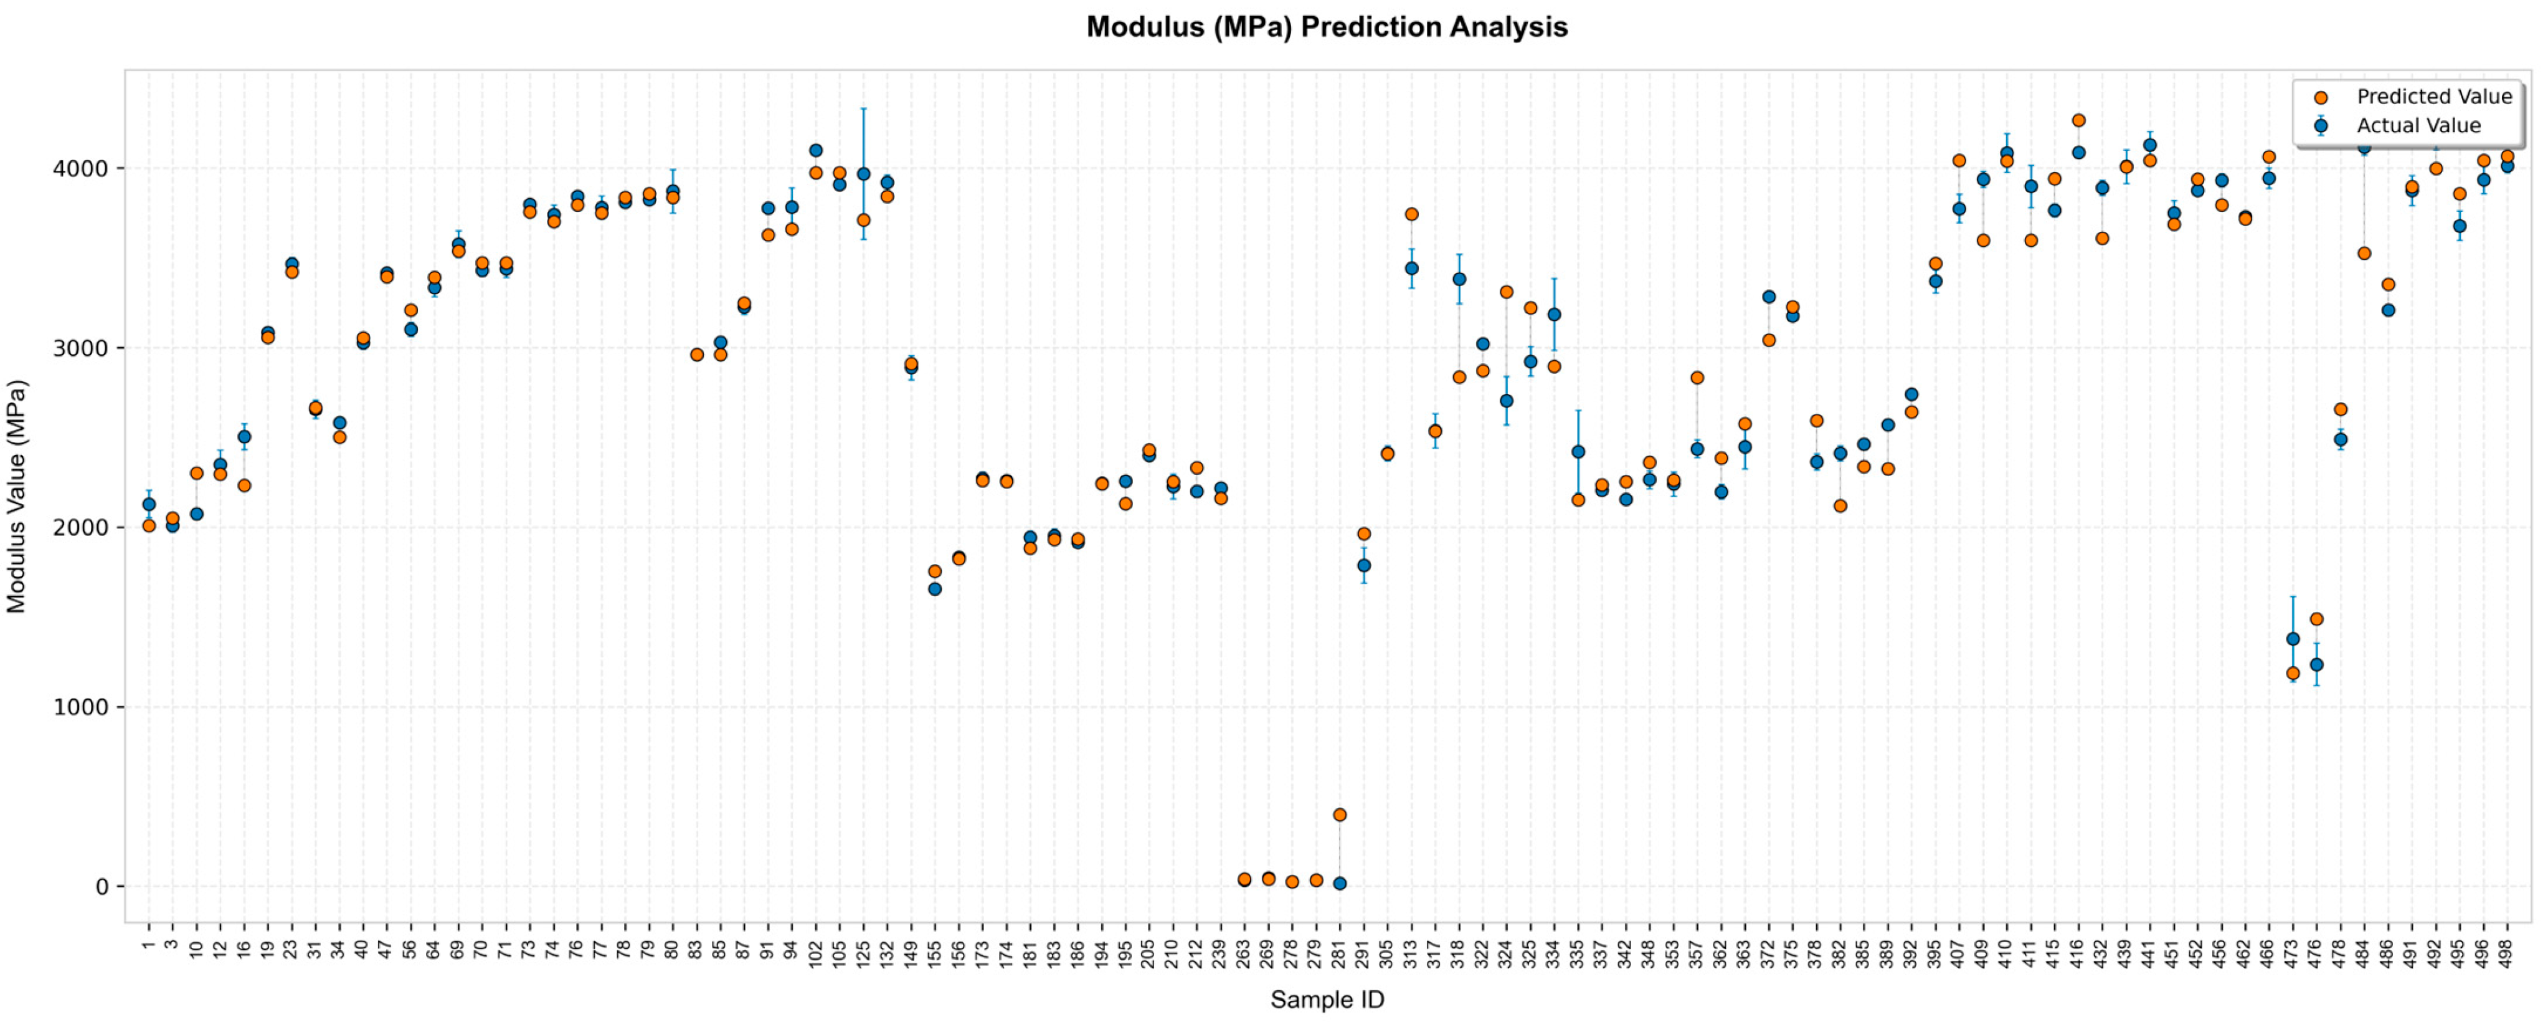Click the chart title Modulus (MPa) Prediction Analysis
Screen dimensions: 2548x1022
1327,27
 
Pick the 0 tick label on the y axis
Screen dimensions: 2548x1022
103,886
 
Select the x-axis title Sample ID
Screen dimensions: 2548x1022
1327,999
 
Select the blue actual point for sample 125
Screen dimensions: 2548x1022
863,174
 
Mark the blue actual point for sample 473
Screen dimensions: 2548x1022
2293,639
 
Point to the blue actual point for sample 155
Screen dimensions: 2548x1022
935,590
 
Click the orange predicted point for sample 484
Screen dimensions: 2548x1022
2364,253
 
